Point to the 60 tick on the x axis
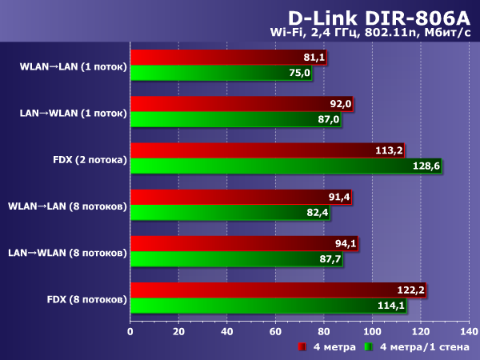click(275, 330)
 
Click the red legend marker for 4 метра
click(302, 347)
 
